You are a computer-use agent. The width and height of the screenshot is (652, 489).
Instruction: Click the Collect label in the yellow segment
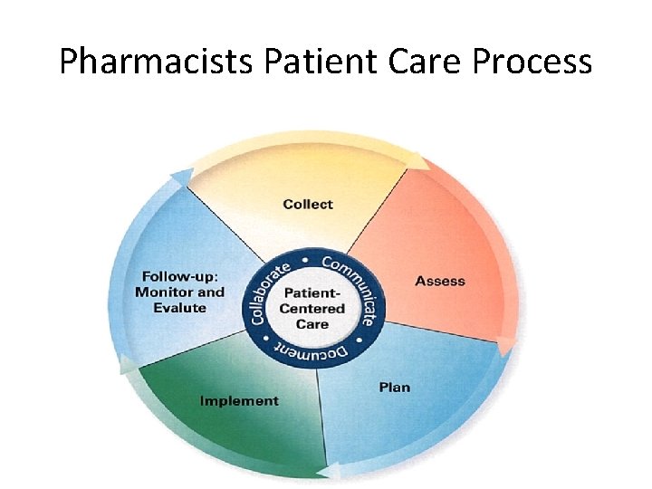tap(308, 205)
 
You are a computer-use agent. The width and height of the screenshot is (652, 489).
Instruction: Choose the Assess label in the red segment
tap(440, 281)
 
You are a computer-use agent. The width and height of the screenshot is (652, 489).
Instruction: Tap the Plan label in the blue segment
tap(394, 388)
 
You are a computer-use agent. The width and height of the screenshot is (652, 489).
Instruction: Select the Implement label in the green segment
tap(239, 400)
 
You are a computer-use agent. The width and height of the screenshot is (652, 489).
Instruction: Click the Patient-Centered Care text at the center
tap(312, 309)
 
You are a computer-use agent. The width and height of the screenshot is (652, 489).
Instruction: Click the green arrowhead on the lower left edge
tap(128, 365)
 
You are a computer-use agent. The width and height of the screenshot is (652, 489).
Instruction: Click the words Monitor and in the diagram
tap(179, 292)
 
